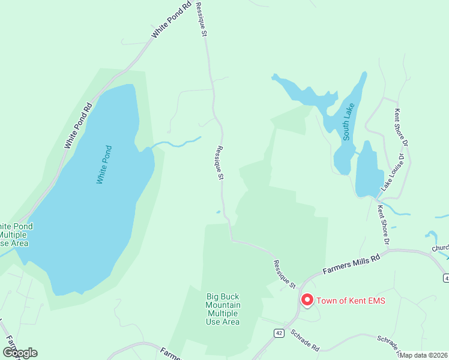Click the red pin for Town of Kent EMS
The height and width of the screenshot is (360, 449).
point(307,299)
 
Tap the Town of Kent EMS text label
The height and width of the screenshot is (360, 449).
point(351,300)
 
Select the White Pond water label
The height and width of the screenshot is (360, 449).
point(104,164)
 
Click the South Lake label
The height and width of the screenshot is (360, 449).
point(349,122)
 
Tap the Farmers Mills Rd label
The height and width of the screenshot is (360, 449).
point(352,265)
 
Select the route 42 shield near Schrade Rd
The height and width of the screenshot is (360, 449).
point(279,332)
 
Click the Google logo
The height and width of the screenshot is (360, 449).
point(19,353)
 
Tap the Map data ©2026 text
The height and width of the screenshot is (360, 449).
point(424,355)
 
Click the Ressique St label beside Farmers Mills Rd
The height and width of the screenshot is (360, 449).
point(284,274)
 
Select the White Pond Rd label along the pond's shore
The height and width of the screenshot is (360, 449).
point(78,126)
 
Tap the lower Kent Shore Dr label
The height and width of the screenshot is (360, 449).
point(382,225)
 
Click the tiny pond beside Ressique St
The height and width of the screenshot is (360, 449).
point(218,211)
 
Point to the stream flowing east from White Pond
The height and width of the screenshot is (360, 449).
point(177,143)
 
